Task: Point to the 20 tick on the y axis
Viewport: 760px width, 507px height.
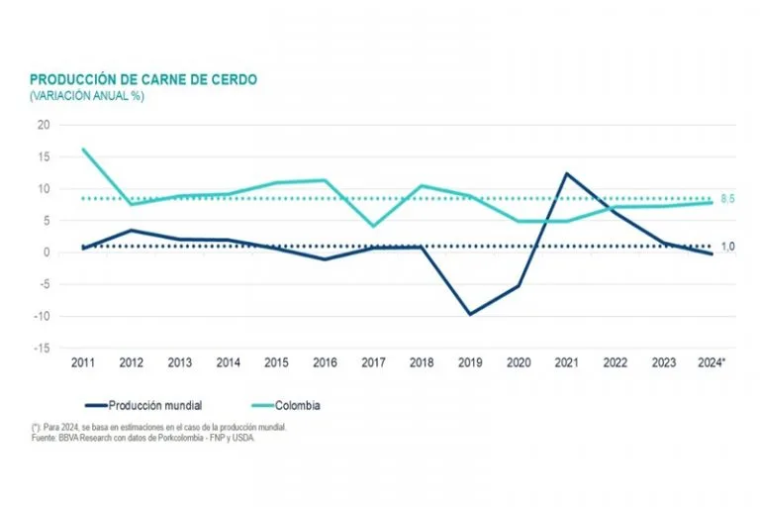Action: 43,125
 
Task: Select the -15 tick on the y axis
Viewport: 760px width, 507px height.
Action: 41,349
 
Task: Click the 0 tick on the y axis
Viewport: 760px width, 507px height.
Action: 46,253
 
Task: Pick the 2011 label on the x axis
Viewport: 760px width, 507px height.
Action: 82,363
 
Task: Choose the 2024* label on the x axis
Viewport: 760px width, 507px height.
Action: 711,363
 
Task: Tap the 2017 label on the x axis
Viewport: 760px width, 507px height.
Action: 372,363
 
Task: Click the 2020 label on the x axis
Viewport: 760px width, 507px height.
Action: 518,363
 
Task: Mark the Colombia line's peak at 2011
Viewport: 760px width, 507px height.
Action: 82,149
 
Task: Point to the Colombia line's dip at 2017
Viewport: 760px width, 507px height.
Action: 372,226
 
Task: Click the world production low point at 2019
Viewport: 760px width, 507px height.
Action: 469,314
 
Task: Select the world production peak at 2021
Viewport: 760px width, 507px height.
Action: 566,173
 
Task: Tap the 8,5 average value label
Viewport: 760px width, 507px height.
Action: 726,199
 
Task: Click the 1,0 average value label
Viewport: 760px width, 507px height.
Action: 726,247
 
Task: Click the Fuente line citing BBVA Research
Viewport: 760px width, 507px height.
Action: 142,436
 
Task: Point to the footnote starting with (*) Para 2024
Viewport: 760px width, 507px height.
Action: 158,427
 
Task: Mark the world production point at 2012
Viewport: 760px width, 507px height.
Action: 131,231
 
